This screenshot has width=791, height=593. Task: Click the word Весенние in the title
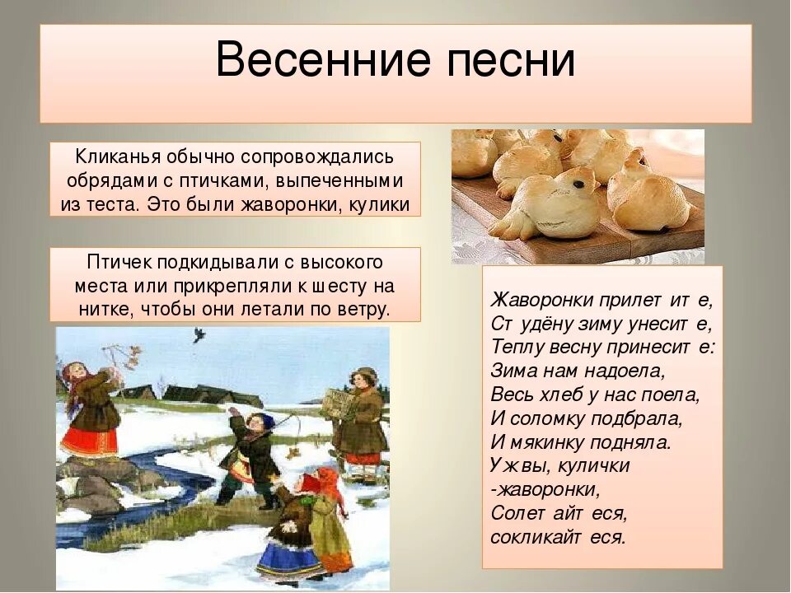click(312, 61)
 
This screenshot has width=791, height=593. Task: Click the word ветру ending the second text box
click(361, 310)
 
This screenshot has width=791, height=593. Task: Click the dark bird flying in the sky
click(199, 334)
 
